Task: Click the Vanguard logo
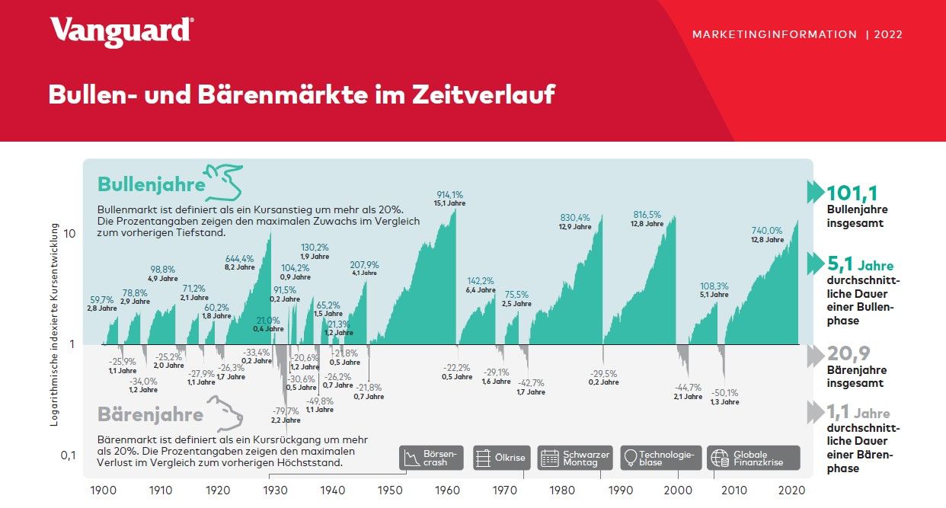point(121,31)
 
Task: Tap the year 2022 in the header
point(888,34)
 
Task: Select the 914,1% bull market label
point(449,194)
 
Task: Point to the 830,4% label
point(575,217)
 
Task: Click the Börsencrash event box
point(431,458)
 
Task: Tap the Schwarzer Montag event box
point(576,458)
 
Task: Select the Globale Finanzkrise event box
point(753,458)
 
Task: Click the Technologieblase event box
point(660,458)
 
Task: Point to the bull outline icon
point(224,181)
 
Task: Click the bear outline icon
point(225,414)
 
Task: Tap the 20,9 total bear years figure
point(849,353)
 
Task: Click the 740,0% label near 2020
point(767,230)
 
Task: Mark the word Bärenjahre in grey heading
point(150,415)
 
